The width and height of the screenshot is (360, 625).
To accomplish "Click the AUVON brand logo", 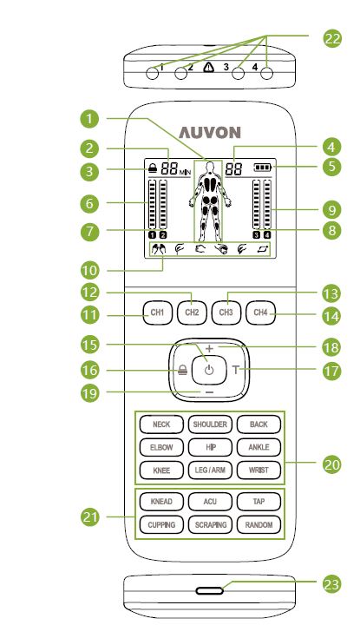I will [207, 132].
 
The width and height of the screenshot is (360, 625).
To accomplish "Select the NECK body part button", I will [161, 424].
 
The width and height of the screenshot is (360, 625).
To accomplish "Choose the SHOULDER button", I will [209, 424].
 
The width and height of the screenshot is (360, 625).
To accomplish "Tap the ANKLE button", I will [259, 447].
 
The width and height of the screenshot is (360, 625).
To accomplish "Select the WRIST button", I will [259, 470].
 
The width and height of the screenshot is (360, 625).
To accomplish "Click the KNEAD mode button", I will [161, 502].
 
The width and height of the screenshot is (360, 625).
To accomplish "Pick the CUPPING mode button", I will [161, 525].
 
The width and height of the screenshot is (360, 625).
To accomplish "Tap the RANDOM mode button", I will [259, 525].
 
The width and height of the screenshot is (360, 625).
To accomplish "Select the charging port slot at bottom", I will [210, 590].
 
